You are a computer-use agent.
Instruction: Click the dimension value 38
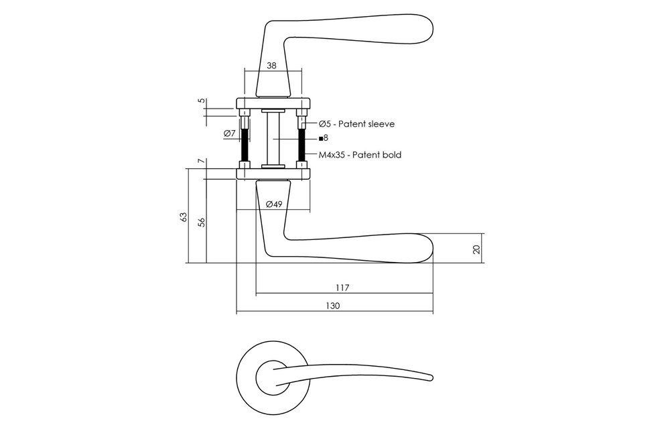pos(271,66)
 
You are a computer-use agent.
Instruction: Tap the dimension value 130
pos(332,306)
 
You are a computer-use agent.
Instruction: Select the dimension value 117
pos(342,288)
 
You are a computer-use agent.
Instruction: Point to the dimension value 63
pos(184,217)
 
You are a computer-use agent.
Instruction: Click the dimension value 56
pos(202,222)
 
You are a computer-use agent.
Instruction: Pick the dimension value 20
pos(477,249)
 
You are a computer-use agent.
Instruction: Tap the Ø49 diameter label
pos(274,204)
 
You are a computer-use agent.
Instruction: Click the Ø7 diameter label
pos(229,133)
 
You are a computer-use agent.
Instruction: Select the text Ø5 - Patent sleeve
pos(357,124)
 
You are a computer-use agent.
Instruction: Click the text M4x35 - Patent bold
pos(360,155)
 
